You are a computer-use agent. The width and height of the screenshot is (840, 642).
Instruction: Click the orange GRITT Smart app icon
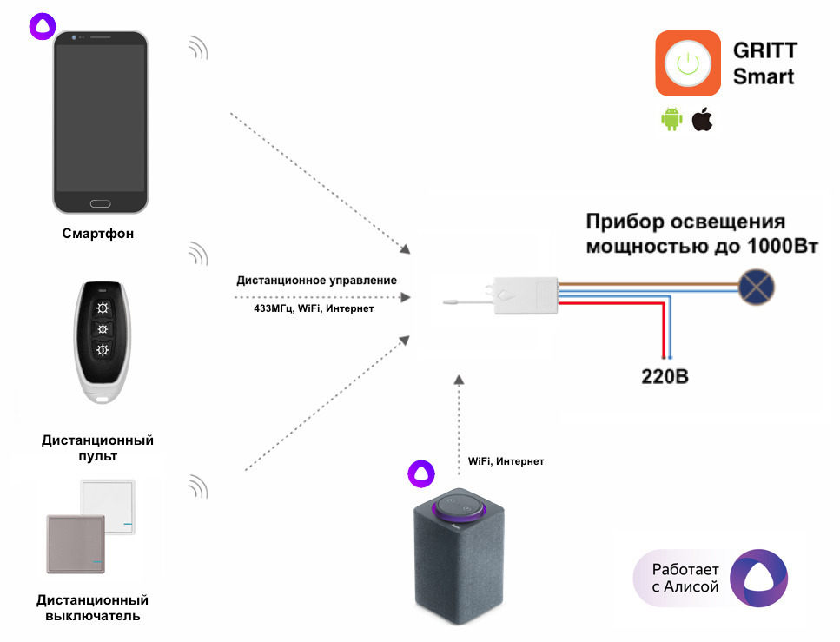(688, 63)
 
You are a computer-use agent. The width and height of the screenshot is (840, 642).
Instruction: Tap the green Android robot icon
(671, 120)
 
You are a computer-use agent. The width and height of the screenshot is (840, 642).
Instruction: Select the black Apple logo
(702, 120)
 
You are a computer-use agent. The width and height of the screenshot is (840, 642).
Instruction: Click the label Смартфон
(98, 234)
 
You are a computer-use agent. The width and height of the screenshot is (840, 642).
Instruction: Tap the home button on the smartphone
(99, 203)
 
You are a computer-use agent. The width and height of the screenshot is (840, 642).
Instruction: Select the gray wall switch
(74, 543)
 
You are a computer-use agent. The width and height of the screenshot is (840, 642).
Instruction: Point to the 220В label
(665, 377)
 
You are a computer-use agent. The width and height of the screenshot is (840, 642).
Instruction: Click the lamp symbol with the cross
(756, 284)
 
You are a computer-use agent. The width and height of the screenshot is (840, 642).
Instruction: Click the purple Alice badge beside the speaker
(421, 472)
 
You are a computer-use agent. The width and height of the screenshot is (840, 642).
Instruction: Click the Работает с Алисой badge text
(685, 578)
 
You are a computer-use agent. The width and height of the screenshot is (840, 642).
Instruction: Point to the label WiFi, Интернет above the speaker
(506, 461)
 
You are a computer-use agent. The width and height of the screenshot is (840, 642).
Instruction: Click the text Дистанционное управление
(316, 281)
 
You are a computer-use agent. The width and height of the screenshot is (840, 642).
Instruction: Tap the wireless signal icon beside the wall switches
(199, 486)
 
